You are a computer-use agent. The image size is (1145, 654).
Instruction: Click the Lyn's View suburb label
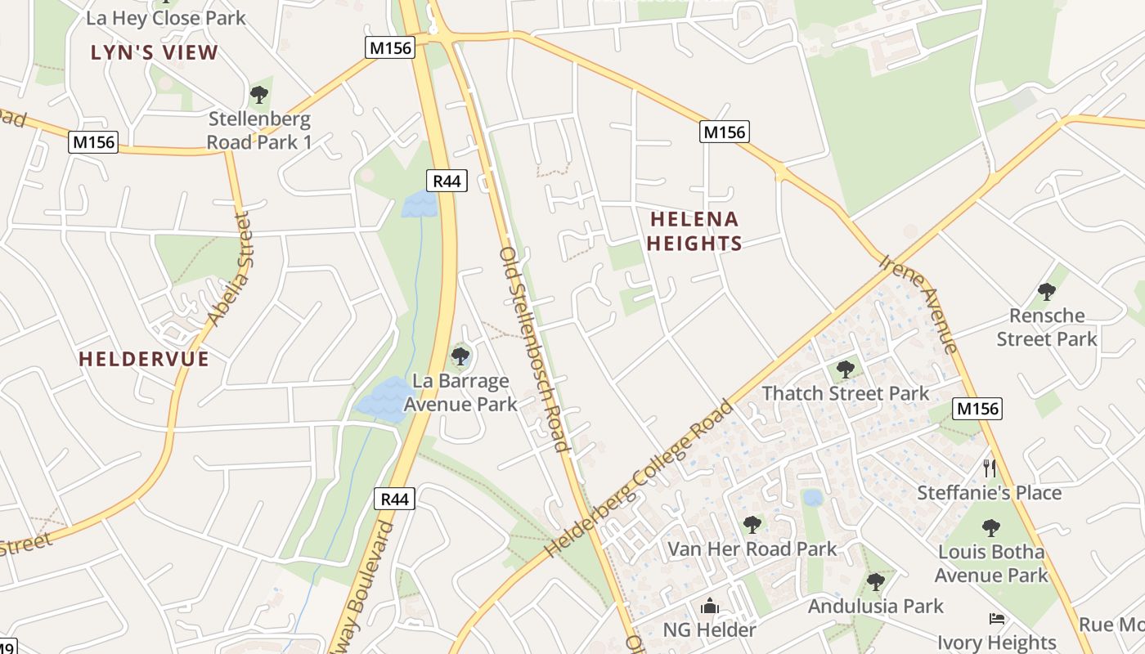155,53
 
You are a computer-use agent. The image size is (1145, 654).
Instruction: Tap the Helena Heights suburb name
694,231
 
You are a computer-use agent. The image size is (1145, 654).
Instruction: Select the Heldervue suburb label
144,359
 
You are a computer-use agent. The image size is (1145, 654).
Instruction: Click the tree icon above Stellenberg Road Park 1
259,95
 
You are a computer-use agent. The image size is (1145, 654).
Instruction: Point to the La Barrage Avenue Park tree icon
460,356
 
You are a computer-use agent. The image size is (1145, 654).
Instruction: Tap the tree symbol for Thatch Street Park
846,370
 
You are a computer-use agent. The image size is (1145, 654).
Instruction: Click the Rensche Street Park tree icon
1046,292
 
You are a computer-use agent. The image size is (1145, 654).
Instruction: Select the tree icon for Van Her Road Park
752,525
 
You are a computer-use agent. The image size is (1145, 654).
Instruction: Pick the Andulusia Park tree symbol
876,582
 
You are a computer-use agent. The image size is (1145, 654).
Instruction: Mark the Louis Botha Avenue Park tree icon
991,528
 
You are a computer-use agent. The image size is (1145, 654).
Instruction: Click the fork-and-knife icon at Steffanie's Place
990,468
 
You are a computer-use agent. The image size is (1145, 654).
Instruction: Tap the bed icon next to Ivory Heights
997,618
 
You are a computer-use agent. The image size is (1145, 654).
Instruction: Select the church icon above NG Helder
710,606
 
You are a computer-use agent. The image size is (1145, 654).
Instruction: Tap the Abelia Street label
228,270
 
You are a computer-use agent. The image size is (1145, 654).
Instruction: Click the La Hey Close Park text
166,18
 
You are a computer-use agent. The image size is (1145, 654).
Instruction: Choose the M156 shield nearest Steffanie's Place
977,409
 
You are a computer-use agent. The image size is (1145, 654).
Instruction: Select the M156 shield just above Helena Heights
725,132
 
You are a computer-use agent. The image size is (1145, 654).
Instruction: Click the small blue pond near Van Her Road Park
812,498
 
